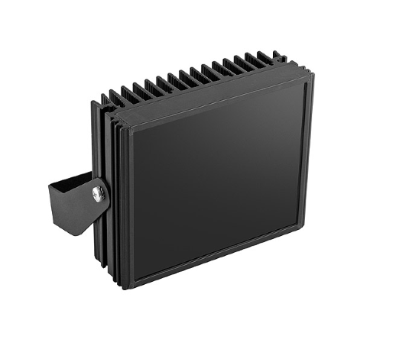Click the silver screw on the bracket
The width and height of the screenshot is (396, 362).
(98, 193)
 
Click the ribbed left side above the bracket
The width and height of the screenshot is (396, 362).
(107, 145)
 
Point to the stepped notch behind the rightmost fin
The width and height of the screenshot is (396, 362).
(282, 60)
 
